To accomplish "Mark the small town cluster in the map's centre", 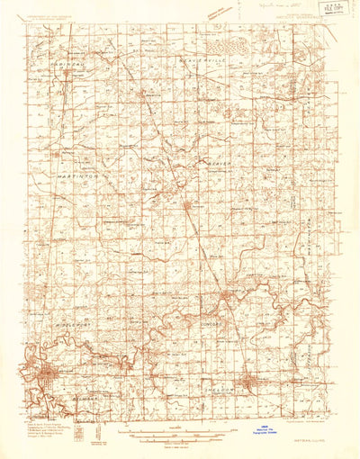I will (188, 208).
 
